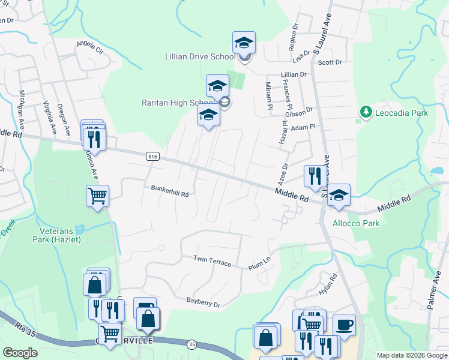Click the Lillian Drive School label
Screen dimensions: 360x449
tap(200, 57)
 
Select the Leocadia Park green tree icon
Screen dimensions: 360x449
tap(364, 112)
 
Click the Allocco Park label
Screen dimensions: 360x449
tap(356, 223)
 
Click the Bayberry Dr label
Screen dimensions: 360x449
tap(203, 302)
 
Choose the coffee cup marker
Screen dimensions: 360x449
tap(344, 325)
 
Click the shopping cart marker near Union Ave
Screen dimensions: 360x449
tap(97, 196)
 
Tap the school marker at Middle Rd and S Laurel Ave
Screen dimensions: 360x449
tap(339, 195)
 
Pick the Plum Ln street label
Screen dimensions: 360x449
tap(259, 264)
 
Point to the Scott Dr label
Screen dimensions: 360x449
tap(330, 62)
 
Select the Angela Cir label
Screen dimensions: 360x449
tap(89, 47)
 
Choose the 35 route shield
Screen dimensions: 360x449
tap(191, 344)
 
